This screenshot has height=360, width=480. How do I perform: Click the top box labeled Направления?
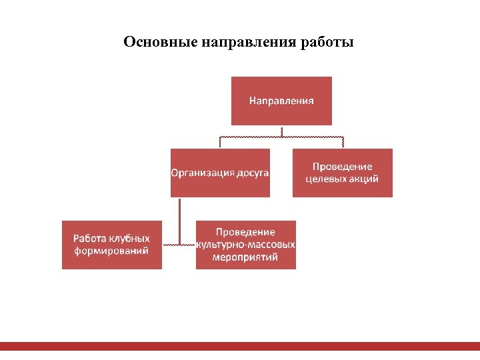pyautogui.click(x=281, y=101)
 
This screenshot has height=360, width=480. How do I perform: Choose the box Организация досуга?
pyautogui.click(x=220, y=173)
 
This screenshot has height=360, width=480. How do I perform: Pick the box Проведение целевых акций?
pyautogui.click(x=343, y=173)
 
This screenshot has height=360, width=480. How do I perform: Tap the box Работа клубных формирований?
pyautogui.click(x=111, y=245)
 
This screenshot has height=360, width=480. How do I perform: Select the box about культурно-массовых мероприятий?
pyautogui.click(x=245, y=245)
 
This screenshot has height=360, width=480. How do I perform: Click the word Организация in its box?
pyautogui.click(x=203, y=173)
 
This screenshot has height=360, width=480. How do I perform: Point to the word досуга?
pyautogui.click(x=253, y=173)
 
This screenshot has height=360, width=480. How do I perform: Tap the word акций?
pyautogui.click(x=365, y=179)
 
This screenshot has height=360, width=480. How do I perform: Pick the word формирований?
pyautogui.click(x=111, y=251)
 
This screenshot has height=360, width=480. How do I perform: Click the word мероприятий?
pyautogui.click(x=245, y=257)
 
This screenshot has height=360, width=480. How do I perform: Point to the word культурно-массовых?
pyautogui.click(x=245, y=245)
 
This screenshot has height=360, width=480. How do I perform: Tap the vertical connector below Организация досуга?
pyautogui.click(x=179, y=220)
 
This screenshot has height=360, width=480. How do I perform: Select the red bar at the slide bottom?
pyautogui.click(x=240, y=346)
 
